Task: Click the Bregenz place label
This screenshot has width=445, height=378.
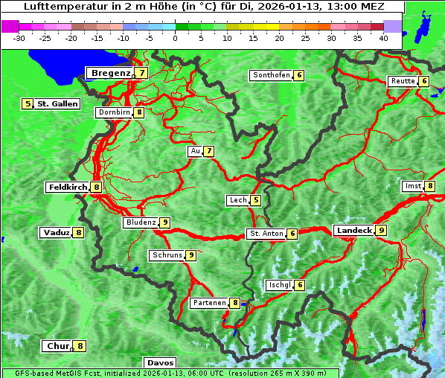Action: coord(112,73)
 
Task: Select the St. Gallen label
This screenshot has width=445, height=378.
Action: coord(57,104)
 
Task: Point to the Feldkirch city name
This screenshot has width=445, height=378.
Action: coord(68,188)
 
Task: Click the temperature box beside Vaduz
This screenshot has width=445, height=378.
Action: coord(78,233)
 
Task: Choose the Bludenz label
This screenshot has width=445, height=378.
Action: coord(141,222)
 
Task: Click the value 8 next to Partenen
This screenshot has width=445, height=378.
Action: coord(234,303)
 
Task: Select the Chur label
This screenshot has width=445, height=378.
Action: coord(57,346)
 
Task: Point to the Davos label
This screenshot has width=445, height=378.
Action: coord(160,363)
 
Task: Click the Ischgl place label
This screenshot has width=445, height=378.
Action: coord(279,285)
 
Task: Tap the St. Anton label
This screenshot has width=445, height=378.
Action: coord(266,234)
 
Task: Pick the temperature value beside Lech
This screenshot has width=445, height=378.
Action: coord(256,200)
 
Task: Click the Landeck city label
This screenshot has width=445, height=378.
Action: coord(353,231)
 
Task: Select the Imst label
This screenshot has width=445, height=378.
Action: coord(412,186)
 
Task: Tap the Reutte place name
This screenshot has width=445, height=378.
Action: coord(403,81)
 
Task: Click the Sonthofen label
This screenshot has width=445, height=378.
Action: coord(271,75)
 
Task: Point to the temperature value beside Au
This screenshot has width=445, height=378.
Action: coord(209,152)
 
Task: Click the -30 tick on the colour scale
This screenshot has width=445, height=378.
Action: coord(19,38)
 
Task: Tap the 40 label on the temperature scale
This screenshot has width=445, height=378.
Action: coord(383,38)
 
